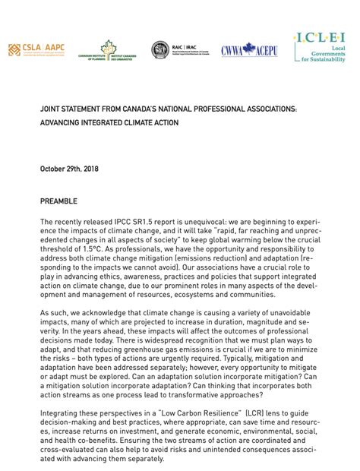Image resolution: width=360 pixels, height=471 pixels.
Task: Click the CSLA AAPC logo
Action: pyautogui.click(x=37, y=50)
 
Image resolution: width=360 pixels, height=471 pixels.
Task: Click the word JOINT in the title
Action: pyautogui.click(x=51, y=109)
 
